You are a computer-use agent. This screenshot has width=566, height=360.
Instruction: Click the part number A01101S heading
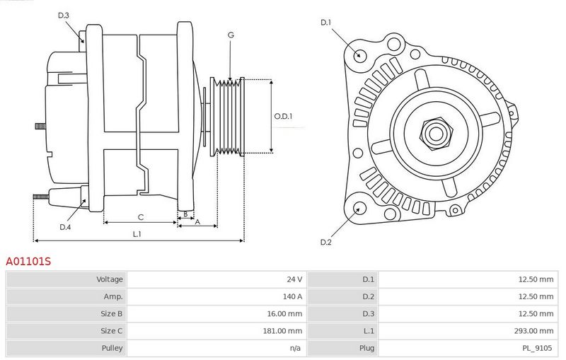click(28, 261)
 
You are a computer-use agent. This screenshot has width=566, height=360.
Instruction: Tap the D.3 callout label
click(63, 15)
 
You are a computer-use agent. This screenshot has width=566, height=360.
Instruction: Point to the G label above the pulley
click(231, 35)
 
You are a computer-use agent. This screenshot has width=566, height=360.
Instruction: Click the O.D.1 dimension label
click(284, 116)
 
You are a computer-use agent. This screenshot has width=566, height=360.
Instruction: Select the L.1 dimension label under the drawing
click(137, 234)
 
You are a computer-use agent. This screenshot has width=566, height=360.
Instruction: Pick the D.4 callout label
click(65, 227)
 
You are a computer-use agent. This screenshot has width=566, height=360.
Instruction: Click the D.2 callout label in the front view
click(325, 242)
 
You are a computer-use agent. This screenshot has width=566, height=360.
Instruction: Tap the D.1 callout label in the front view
click(325, 23)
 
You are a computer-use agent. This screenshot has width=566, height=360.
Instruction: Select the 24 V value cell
click(294, 279)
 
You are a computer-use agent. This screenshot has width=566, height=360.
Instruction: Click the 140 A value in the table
click(292, 296)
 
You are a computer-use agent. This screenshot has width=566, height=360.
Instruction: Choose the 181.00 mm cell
click(282, 331)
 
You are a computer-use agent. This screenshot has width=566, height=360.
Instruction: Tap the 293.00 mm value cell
click(533, 331)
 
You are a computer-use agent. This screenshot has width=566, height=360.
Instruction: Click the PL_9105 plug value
click(537, 348)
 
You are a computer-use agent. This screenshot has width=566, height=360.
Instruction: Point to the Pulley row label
click(112, 348)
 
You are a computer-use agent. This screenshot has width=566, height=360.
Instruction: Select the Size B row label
click(112, 313)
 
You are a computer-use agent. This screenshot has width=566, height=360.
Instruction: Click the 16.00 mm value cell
click(284, 313)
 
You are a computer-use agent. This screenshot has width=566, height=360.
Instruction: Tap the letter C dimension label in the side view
click(141, 217)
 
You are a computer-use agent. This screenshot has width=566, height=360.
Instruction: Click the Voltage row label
click(110, 279)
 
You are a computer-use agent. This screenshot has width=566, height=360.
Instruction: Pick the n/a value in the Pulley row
click(295, 348)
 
